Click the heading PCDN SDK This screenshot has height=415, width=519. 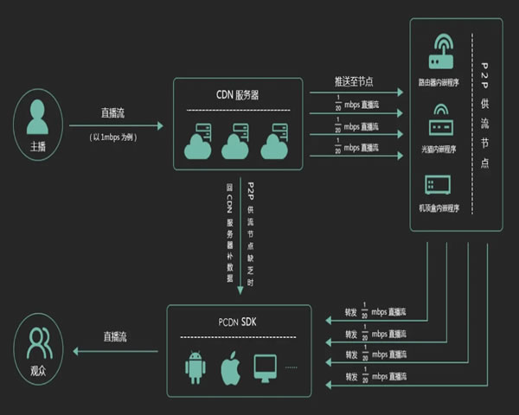coord(238,322)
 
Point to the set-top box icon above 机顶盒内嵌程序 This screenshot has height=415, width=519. coord(438,185)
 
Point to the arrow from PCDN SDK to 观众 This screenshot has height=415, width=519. coord(117,351)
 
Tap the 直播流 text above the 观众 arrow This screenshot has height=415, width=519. coord(120,336)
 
